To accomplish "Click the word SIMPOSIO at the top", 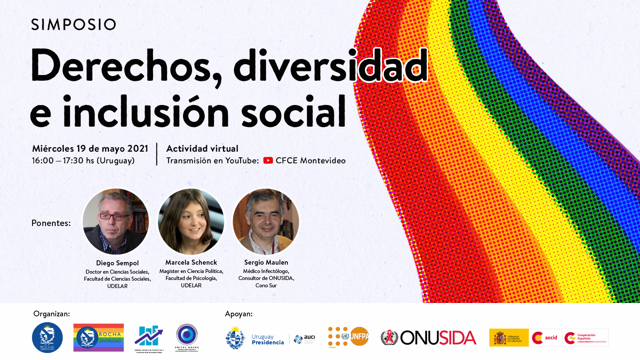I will [73, 24].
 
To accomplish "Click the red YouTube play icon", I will [268, 161].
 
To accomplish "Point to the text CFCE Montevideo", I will [310, 161].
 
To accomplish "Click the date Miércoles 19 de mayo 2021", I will [90, 149].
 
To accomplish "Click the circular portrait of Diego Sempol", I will [116, 222].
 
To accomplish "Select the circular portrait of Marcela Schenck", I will [191, 222].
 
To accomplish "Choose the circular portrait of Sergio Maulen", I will [266, 222].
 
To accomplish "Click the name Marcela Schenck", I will [191, 263].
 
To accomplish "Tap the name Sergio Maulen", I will [266, 263].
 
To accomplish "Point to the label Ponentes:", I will [51, 223].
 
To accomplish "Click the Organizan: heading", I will [52, 314].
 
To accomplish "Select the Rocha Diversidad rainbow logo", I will [98, 337].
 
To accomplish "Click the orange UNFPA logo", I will [349, 337].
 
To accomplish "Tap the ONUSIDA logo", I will [429, 338].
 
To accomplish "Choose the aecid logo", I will [545, 338].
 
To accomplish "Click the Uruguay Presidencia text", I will [268, 339].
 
